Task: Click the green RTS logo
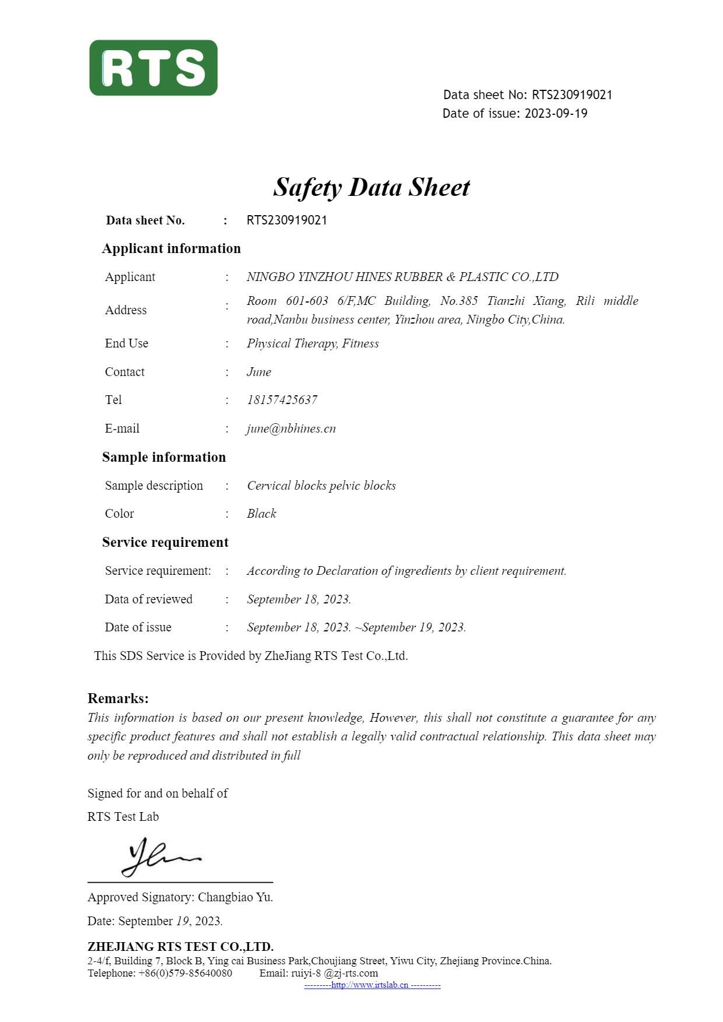(153, 68)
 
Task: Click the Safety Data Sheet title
(371, 187)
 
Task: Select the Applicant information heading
(171, 248)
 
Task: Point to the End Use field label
(127, 343)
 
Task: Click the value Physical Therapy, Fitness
(313, 343)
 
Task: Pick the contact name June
(259, 372)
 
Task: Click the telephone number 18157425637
(282, 400)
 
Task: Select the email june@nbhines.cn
(291, 429)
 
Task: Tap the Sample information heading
(164, 457)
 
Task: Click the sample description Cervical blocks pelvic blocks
(321, 486)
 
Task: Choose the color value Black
(261, 514)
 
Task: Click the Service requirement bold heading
(165, 542)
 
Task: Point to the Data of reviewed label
(149, 599)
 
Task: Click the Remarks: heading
(118, 698)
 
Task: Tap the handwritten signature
(160, 857)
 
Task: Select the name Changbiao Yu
(235, 897)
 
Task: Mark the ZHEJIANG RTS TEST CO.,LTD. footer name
(180, 947)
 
